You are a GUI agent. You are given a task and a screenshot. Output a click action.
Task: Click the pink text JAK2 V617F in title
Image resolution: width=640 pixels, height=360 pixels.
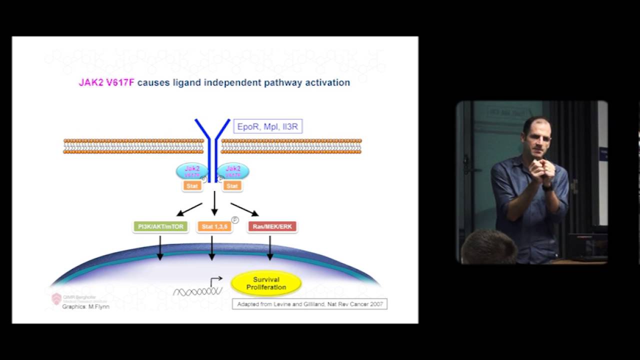tap(106, 82)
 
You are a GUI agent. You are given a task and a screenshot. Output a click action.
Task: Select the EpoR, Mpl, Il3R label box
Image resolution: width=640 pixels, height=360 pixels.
tap(267, 126)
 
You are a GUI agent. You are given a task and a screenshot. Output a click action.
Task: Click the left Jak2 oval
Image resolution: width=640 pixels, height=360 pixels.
tap(192, 171)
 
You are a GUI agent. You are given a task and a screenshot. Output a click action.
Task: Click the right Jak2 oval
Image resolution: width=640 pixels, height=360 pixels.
tap(232, 171)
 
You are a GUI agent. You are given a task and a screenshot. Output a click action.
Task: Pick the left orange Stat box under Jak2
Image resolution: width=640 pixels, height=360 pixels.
tap(192, 186)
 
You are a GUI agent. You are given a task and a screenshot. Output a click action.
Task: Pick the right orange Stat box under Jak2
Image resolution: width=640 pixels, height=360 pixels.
tap(232, 186)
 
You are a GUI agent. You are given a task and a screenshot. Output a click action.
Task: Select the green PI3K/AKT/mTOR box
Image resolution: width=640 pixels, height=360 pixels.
tap(160, 226)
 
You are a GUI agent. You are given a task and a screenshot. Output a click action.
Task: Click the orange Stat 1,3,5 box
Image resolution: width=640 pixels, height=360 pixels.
tap(214, 226)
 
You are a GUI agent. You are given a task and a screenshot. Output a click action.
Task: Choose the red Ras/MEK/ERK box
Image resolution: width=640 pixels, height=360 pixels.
tap(272, 226)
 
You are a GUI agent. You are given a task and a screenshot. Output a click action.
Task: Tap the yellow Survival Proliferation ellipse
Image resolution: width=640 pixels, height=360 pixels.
tap(266, 283)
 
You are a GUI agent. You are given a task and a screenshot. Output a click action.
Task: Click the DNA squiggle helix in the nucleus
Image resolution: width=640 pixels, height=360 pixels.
tap(197, 291)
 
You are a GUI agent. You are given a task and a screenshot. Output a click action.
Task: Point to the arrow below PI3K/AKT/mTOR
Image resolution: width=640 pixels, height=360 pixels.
tap(160, 247)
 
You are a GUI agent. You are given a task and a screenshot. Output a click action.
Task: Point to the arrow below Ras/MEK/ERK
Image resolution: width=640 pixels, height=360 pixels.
tap(270, 247)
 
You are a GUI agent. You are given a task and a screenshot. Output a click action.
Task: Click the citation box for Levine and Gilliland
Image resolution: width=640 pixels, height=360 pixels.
tap(309, 304)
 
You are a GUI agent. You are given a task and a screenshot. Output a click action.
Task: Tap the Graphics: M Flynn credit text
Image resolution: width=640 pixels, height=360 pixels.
tap(85, 306)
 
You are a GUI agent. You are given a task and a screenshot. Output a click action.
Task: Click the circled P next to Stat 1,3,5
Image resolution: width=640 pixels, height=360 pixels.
tap(235, 220)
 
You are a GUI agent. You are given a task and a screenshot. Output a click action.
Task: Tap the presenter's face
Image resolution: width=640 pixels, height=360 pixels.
tap(537, 138)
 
